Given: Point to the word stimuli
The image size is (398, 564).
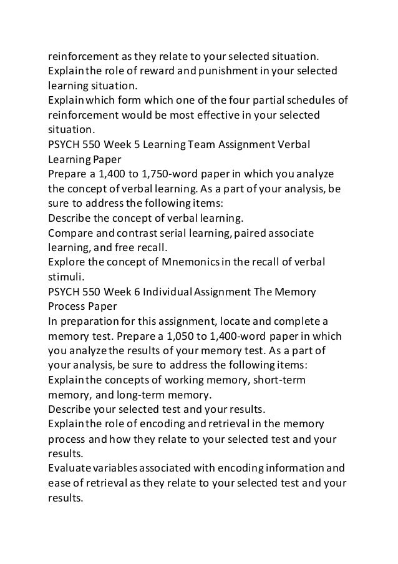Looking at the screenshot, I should pos(66,275).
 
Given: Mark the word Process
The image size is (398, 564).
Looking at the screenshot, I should pos(67,305).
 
